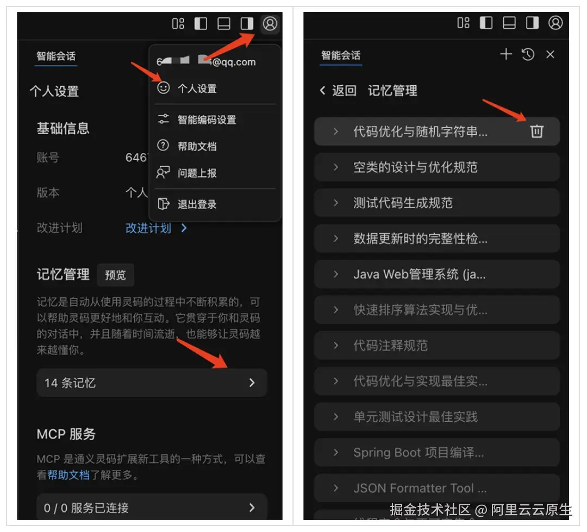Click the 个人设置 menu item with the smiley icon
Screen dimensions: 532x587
pos(196,89)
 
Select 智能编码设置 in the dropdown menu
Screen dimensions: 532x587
pos(207,120)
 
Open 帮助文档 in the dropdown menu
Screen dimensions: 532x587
pos(197,146)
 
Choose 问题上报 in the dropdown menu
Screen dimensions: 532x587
pos(197,173)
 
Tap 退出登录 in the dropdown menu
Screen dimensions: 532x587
pos(197,204)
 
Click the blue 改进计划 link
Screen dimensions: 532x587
pos(148,228)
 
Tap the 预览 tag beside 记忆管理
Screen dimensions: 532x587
pos(115,275)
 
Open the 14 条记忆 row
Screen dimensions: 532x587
pos(152,383)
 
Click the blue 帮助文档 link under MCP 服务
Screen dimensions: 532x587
pos(68,475)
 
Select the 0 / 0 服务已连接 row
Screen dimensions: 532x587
pos(152,508)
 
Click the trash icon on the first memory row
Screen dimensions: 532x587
pos(536,131)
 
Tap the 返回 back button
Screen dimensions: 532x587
pos(338,91)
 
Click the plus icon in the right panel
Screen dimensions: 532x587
pos(506,54)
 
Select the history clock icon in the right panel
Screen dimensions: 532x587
pos(528,54)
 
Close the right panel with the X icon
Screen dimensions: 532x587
pos(550,54)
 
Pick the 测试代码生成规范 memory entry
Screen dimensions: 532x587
pos(403,203)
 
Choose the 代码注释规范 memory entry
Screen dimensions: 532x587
pos(390,345)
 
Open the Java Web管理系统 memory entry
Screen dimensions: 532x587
pos(419,274)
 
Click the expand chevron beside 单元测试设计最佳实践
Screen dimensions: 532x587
pos(336,417)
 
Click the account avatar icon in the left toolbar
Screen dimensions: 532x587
pos(270,23)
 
